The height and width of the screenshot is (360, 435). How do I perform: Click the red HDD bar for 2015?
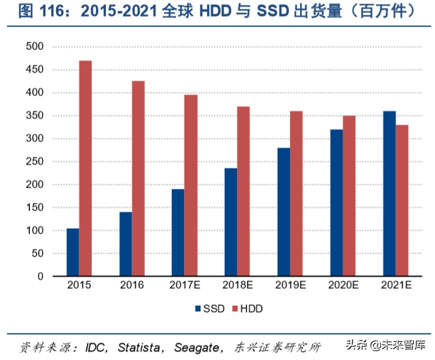coord(85,168)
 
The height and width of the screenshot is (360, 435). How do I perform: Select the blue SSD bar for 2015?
coord(72,252)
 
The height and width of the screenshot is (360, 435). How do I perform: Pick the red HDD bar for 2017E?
coord(191,185)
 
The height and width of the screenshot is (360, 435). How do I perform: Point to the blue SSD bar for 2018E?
coord(231,222)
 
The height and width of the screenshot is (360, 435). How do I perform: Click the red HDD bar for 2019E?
coord(296,194)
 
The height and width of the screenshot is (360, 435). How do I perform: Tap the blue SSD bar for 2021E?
coord(389,194)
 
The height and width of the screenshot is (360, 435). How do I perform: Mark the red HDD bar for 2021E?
coord(401,201)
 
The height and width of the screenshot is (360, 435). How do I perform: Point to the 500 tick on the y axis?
coord(36,46)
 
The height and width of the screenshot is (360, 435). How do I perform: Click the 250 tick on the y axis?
coord(36,161)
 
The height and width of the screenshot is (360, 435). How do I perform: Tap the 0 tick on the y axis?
coord(41,276)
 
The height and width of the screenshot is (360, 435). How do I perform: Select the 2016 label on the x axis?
coord(132,286)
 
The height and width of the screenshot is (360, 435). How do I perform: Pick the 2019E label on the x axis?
coord(290,286)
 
